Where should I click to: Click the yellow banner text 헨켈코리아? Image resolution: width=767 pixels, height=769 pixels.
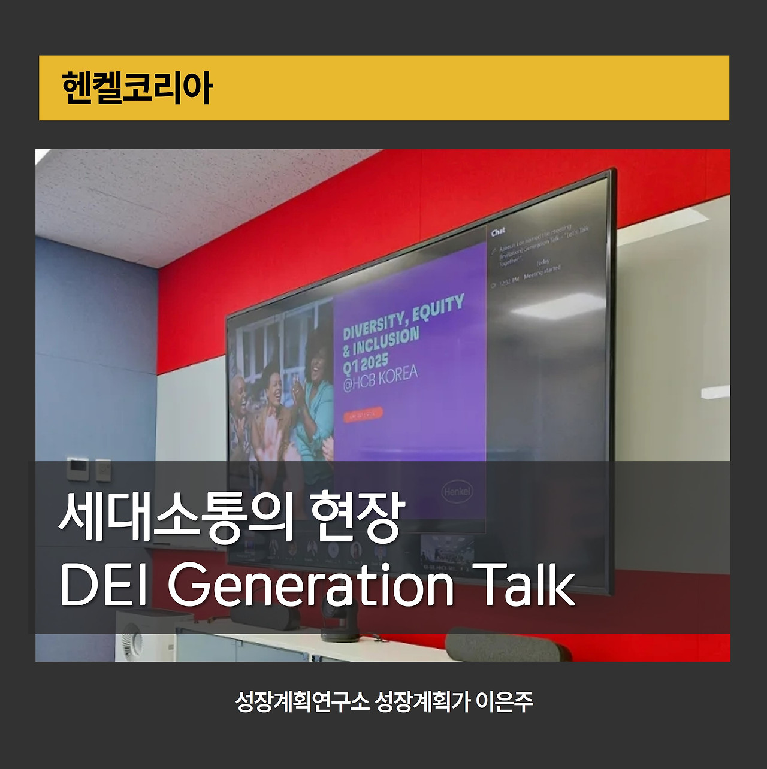(x=137, y=88)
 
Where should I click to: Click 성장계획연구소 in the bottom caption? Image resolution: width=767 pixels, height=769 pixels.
(x=302, y=701)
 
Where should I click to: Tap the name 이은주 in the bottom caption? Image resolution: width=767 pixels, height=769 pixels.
(x=504, y=701)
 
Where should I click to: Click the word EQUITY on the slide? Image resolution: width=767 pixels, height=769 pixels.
(x=438, y=307)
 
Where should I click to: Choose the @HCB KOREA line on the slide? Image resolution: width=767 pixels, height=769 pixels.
(x=380, y=379)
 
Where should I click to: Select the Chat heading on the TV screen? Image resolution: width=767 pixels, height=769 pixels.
(x=498, y=232)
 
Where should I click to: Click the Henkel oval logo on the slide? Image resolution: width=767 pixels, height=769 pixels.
(x=457, y=491)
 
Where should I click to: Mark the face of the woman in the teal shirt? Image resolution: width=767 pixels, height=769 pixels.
(x=318, y=358)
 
